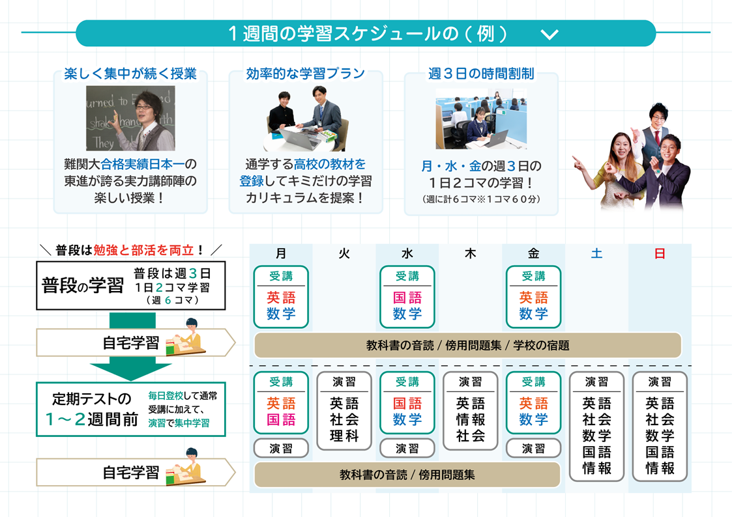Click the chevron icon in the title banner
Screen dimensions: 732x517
tap(549, 34)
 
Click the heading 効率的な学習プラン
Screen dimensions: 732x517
tap(306, 74)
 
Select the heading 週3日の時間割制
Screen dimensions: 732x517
tap(481, 74)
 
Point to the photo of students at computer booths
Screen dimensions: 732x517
tap(480, 119)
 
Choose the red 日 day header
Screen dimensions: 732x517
tap(660, 254)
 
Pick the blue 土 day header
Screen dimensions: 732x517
tap(596, 254)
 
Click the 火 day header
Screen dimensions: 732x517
tap(344, 254)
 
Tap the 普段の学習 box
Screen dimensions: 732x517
tap(130, 286)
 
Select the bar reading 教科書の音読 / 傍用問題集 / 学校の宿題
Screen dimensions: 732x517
tap(467, 346)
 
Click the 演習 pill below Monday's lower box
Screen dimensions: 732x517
tap(281, 449)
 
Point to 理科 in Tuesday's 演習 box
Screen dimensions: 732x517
tap(344, 436)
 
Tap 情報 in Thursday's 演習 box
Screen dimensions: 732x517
tap(471, 420)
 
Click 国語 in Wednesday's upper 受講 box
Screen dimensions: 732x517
tap(407, 298)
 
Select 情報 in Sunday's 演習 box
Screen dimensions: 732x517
tap(660, 468)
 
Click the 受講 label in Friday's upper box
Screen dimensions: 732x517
tap(534, 276)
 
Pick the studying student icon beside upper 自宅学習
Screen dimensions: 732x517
tap(185, 339)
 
